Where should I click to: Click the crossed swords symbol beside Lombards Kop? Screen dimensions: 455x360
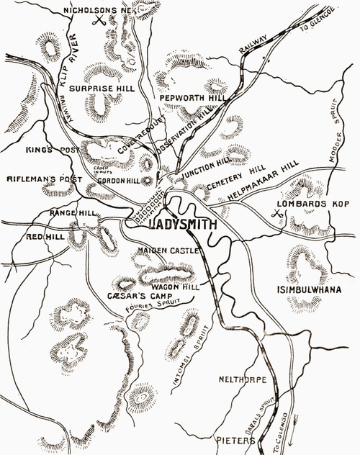[x=276, y=212]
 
